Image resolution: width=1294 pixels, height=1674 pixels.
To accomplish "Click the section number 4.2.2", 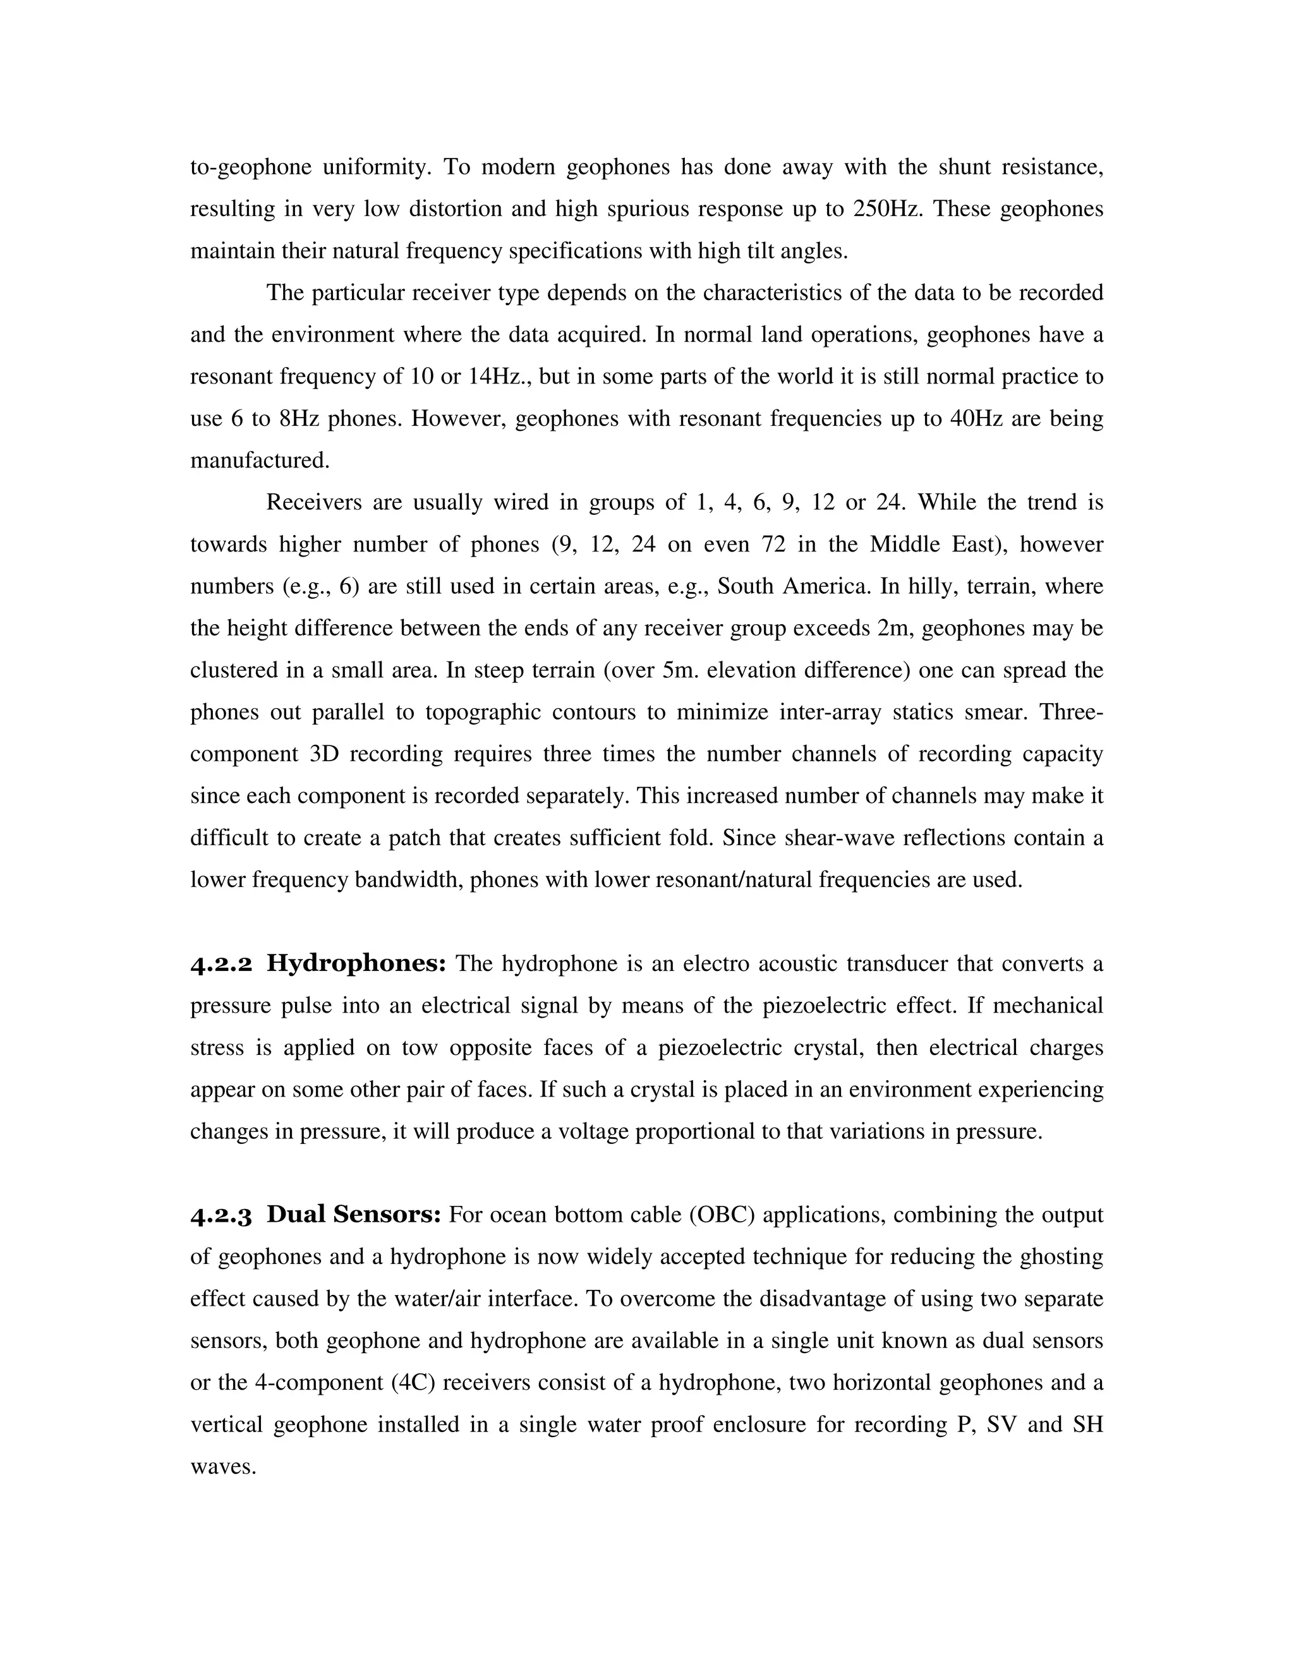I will click(x=221, y=964).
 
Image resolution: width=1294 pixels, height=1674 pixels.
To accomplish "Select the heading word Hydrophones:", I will click(x=356, y=964).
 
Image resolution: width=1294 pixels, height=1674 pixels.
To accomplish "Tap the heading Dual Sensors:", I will click(x=353, y=1215).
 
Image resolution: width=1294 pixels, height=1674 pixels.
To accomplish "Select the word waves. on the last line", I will click(x=222, y=1467).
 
